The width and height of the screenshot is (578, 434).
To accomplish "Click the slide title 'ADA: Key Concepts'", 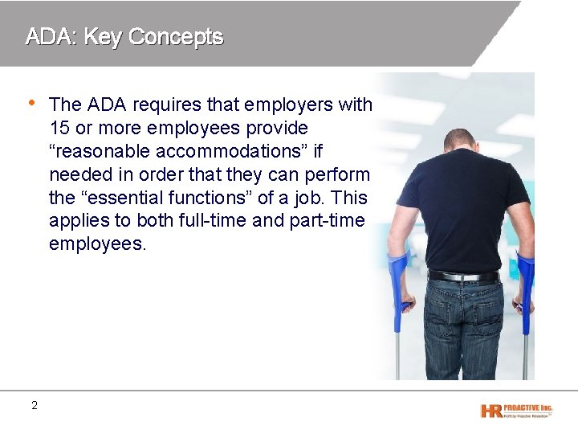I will tap(124, 36).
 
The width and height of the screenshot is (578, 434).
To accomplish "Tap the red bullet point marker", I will tap(31, 102).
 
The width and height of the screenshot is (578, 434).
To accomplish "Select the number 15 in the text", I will tap(59, 128).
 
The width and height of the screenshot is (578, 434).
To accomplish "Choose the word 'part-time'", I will tap(328, 221).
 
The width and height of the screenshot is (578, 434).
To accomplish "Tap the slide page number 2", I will tap(34, 405).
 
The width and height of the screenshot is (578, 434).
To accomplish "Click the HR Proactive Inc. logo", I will tap(516, 410).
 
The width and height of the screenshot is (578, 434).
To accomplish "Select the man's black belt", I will tap(463, 276).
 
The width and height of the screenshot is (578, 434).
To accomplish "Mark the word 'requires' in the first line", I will tap(162, 104).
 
